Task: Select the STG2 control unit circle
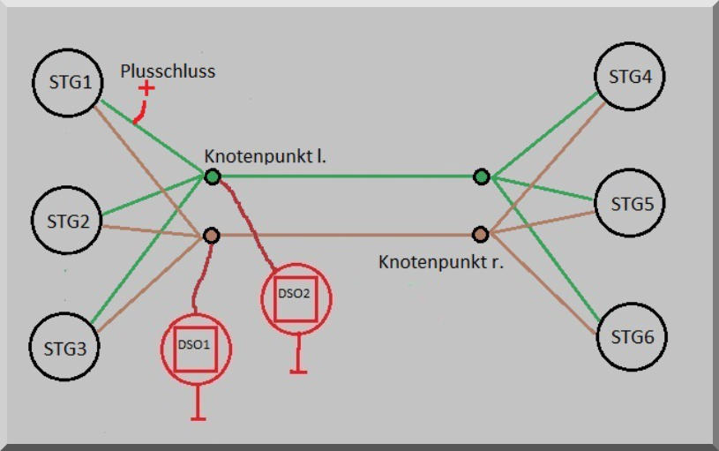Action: coord(66,221)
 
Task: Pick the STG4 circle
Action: coord(630,76)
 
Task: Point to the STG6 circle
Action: coord(631,337)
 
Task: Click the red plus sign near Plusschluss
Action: coord(146,88)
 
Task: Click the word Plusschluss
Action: coord(168,71)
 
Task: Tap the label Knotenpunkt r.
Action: coord(440,262)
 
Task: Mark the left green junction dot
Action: coord(213,177)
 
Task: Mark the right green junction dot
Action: coord(481,177)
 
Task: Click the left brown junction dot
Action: coord(212,236)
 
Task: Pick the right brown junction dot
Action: coord(480,235)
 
